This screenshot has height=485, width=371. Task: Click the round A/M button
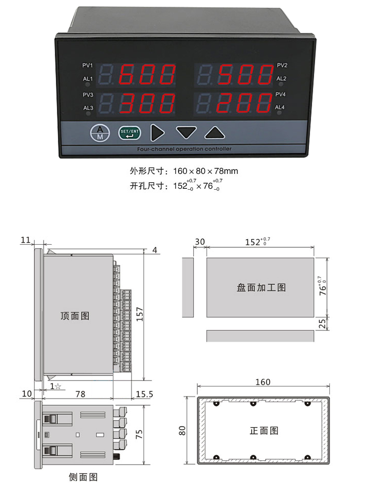pos(100,133)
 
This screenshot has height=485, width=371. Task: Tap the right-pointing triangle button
pos(157,133)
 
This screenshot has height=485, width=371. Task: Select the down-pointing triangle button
pos(186,132)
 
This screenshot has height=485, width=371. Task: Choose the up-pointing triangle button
pos(214,132)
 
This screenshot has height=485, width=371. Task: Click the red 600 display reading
pos(146,74)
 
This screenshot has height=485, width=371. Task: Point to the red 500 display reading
pos(245,74)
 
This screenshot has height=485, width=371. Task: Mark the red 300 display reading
pos(146,103)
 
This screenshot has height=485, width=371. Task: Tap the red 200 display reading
pos(244,103)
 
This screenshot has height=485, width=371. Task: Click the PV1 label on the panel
pos(88,65)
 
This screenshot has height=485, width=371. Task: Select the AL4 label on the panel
pos(280,108)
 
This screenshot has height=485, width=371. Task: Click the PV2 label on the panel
pos(282,65)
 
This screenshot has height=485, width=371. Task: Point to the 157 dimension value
pos(139,314)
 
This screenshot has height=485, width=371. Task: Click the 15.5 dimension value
pos(144,394)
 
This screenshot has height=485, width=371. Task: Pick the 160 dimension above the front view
pos(263,382)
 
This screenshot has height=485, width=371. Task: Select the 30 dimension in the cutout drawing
pos(200,242)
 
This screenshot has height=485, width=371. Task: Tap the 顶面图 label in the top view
pos(75,316)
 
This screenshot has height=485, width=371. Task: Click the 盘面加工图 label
pos(261,288)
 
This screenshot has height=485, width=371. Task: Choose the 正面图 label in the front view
pos(264,431)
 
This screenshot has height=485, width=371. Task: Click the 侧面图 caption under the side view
pos(83,477)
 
